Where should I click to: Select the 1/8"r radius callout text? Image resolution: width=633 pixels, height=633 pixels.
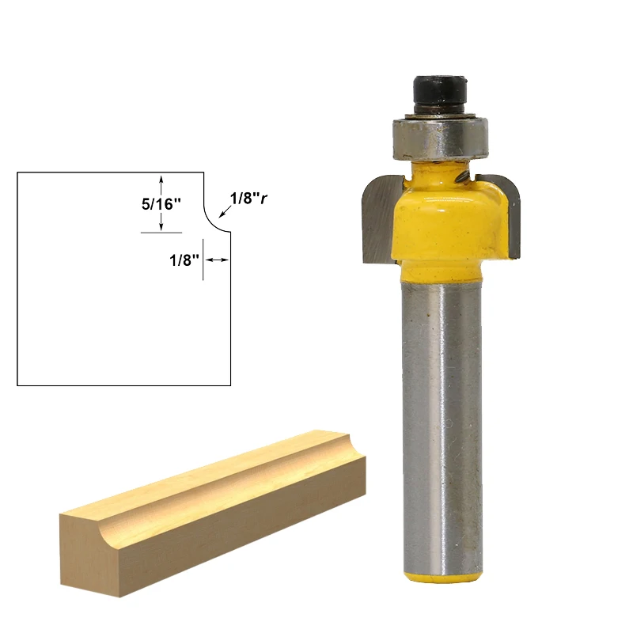[x=248, y=198]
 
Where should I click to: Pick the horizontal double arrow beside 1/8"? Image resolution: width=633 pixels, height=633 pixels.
[x=217, y=259]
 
